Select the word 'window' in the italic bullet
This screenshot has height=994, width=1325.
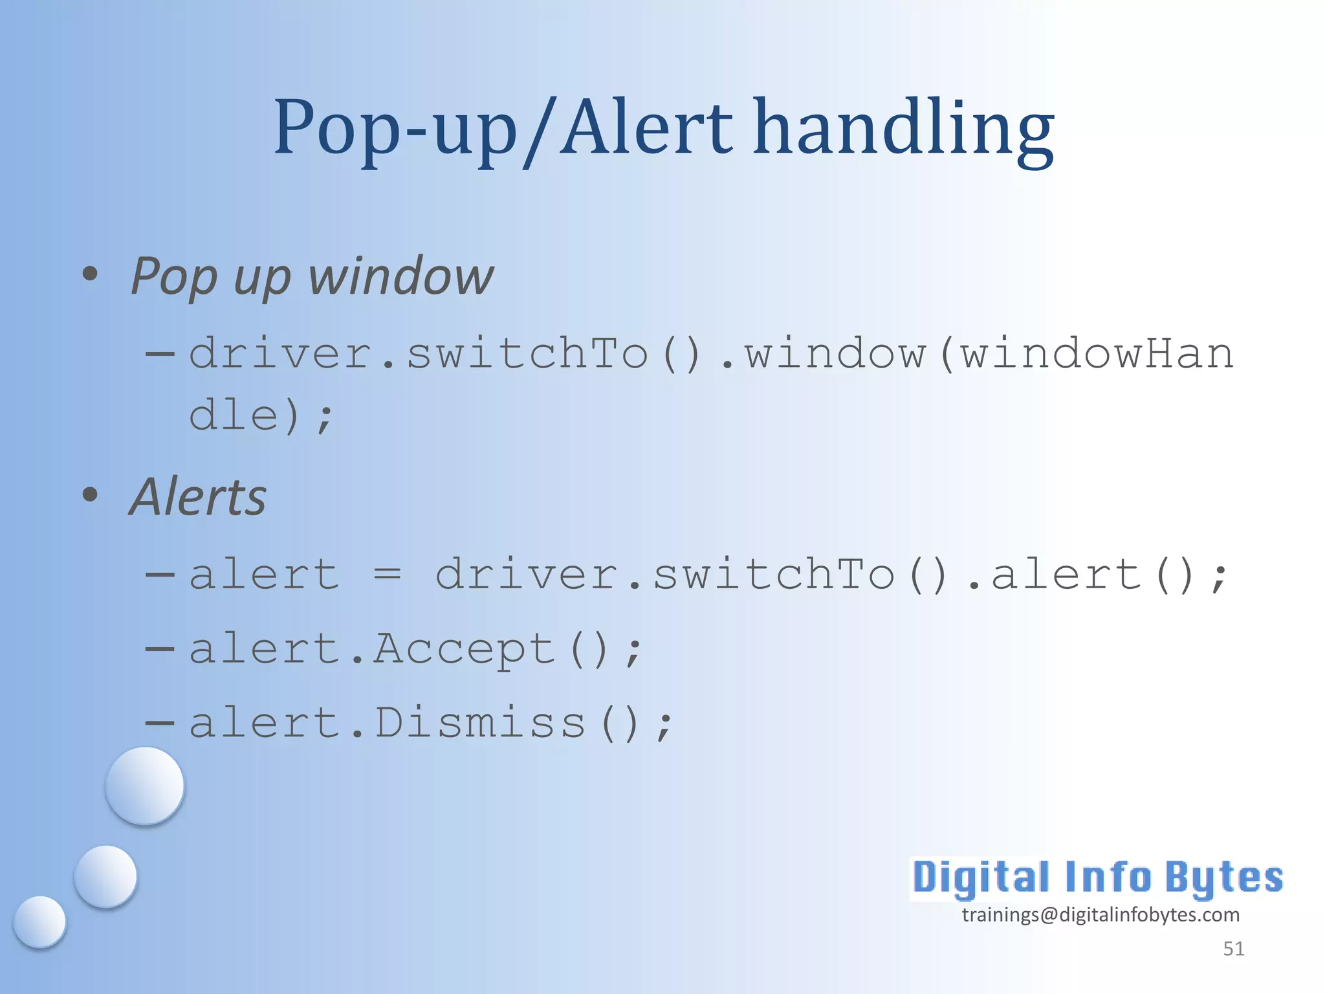[400, 276]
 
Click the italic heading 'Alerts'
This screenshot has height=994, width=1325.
[198, 497]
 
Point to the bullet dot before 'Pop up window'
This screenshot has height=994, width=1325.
[91, 274]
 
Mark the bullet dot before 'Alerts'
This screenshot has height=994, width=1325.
[91, 495]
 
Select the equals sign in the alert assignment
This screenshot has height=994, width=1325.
[387, 574]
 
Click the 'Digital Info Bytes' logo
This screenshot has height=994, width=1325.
[1097, 878]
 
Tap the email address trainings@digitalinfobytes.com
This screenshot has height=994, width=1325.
[1101, 914]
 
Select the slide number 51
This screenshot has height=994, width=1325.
[1233, 949]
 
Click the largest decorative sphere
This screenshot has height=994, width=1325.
[145, 786]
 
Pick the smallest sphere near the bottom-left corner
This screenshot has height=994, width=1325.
[40, 922]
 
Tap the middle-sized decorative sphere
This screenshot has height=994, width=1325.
[105, 876]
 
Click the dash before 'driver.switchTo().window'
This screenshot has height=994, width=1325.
[160, 353]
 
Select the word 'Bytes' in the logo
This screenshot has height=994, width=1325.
[1223, 878]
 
